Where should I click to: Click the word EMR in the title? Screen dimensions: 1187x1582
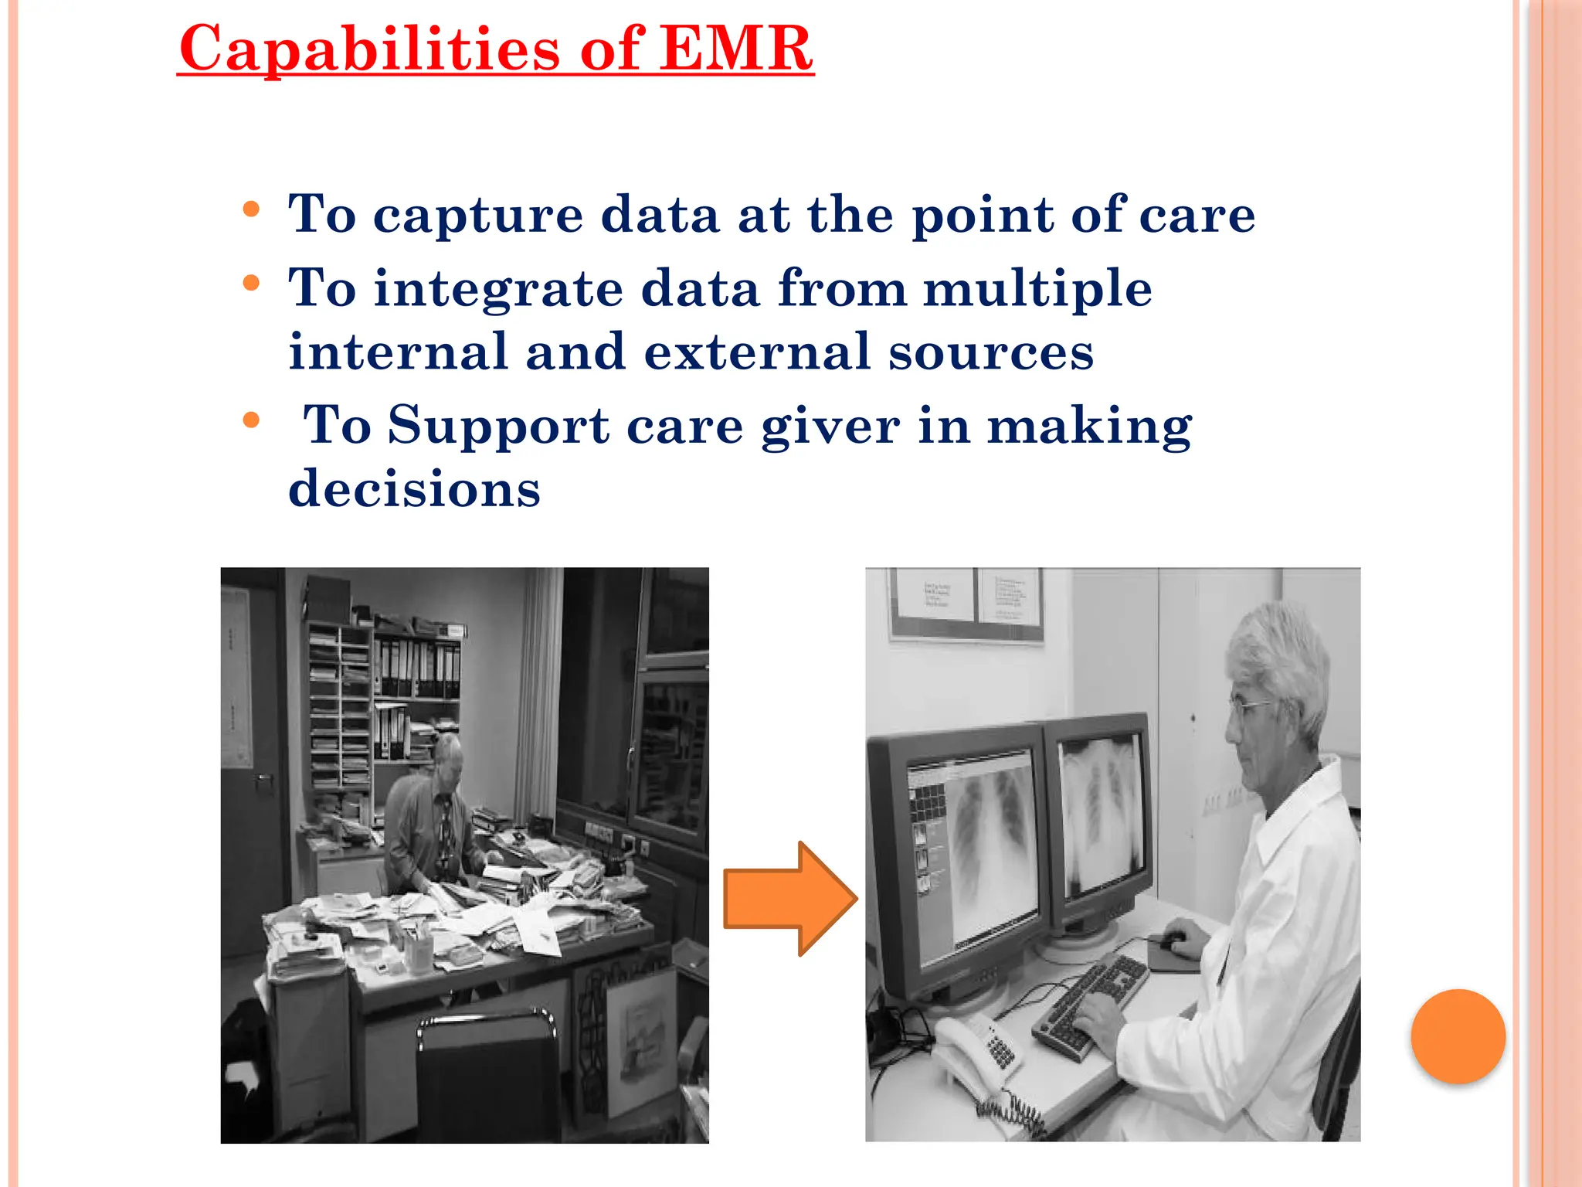[x=736, y=48]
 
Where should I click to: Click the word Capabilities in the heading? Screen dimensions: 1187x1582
[x=370, y=48]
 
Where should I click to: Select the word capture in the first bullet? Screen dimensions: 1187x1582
[x=478, y=215]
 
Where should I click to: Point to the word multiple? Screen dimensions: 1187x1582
[x=1037, y=289]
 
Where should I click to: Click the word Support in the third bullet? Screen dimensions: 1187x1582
[x=498, y=425]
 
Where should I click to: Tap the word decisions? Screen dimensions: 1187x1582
[x=414, y=489]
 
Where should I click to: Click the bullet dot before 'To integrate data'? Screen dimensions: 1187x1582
[x=251, y=284]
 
